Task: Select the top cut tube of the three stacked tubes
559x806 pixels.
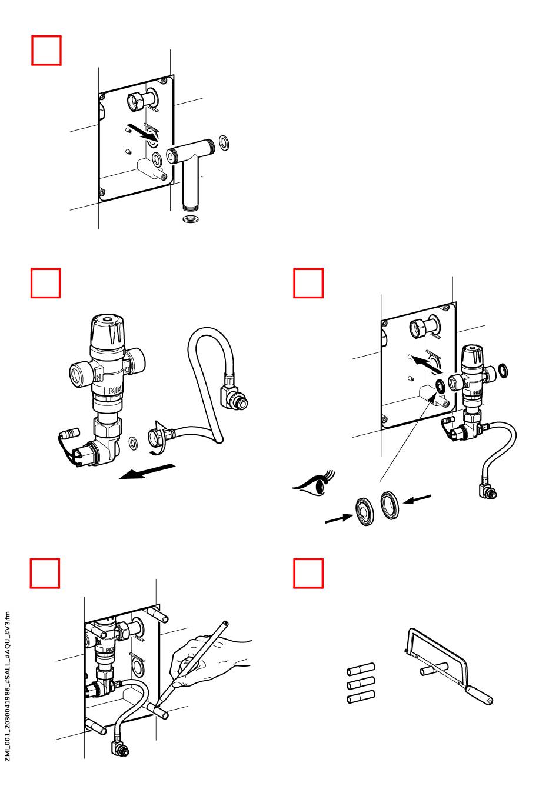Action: pyautogui.click(x=361, y=669)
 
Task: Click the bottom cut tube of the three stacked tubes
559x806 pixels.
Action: pyautogui.click(x=361, y=697)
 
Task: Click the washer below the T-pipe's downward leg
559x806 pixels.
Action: pyautogui.click(x=191, y=219)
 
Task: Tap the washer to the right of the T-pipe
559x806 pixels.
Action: pyautogui.click(x=224, y=143)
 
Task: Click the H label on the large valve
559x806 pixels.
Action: pyautogui.click(x=98, y=377)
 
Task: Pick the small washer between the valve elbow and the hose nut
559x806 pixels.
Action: pyautogui.click(x=133, y=443)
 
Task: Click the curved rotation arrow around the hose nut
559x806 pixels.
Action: pyautogui.click(x=159, y=438)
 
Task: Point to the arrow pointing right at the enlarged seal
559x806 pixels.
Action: pyautogui.click(x=339, y=519)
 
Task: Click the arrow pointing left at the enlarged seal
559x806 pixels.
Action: pyautogui.click(x=417, y=499)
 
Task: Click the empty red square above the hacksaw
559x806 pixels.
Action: pyautogui.click(x=308, y=574)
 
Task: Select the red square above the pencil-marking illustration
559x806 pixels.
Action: pyautogui.click(x=45, y=574)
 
